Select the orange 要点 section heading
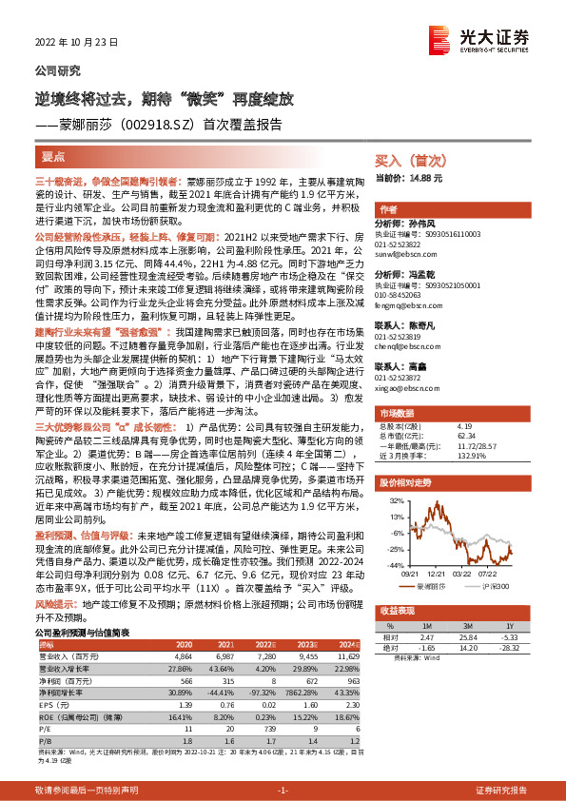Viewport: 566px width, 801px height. [x=54, y=154]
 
